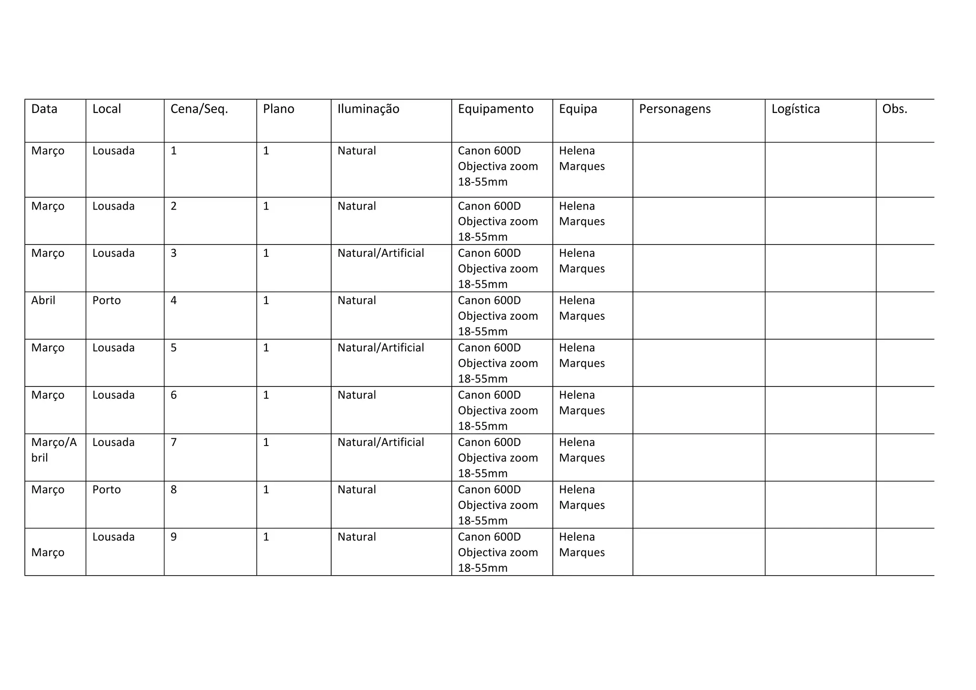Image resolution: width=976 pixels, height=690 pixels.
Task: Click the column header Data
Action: coord(44,109)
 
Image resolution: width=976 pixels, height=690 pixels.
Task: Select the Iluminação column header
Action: coord(368,109)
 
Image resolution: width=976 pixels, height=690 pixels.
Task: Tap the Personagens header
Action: coord(675,109)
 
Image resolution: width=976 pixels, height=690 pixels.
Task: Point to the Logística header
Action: coord(795,109)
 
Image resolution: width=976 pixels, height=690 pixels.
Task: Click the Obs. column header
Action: coord(895,109)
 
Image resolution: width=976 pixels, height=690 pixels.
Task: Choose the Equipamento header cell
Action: coord(496,109)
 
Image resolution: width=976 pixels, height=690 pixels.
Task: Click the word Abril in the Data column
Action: coord(43,301)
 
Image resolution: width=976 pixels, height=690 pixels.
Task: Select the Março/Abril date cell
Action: coord(54,450)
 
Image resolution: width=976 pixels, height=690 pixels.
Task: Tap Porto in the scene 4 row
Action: coord(107,301)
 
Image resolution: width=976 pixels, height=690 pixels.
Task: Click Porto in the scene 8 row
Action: coord(107,490)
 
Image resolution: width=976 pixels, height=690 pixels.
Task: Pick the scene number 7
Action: coord(173,443)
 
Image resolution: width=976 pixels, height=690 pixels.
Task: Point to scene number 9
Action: coord(173,537)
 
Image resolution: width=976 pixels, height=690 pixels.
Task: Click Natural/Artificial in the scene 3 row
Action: coord(381,253)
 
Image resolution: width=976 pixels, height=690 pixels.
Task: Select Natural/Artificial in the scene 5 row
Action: coord(381,348)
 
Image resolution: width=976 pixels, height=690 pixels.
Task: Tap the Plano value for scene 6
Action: coord(266,395)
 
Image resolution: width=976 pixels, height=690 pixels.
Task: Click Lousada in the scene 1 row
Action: coord(113,151)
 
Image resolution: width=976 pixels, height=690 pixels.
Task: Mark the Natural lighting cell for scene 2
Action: coord(356,206)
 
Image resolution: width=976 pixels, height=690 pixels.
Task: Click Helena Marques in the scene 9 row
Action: coord(581,545)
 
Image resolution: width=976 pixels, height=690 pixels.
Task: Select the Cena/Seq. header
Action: coord(199,109)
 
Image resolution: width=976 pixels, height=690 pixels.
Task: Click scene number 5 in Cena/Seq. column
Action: coord(173,348)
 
